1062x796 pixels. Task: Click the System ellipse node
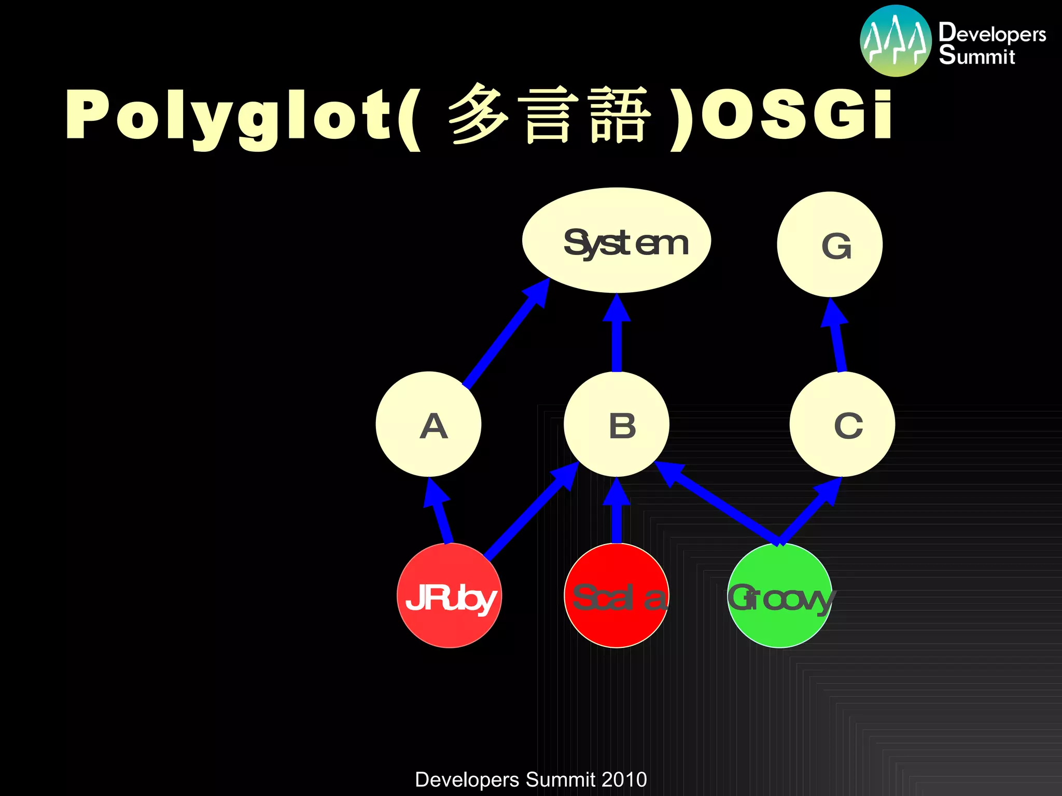click(x=616, y=240)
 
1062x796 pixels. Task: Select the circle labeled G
click(x=830, y=245)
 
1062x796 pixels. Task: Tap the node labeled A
click(x=428, y=424)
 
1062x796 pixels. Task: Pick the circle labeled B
click(x=617, y=424)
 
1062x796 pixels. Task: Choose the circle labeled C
click(x=842, y=424)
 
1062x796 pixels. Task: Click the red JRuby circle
click(x=449, y=595)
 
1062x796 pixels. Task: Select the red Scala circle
click(x=617, y=595)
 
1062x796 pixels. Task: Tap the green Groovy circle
click(x=780, y=595)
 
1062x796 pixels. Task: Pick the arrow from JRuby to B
click(x=529, y=513)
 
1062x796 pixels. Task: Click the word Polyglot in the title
click(x=228, y=115)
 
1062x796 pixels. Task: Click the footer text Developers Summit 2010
click(x=530, y=779)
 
